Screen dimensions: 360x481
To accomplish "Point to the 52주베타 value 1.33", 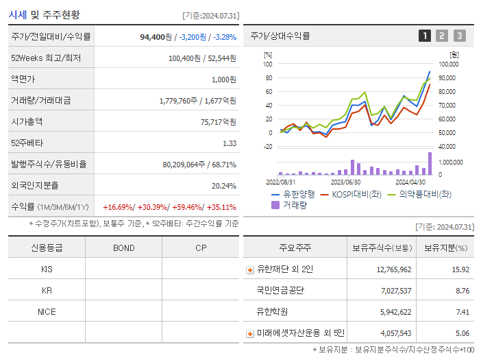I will pos(230,143).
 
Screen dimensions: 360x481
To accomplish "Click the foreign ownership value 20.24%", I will pos(223,185).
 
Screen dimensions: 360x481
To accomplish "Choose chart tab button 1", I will pos(425,36).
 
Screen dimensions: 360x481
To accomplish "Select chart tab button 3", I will pos(459,36).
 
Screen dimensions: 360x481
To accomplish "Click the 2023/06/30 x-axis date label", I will pos(345,182).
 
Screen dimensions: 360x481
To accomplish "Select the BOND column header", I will pos(123,248).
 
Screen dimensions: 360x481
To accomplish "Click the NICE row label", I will pos(47,311).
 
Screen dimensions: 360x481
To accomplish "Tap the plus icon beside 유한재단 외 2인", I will pos(250,269).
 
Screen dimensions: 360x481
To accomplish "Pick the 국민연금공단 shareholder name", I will pos(280,291).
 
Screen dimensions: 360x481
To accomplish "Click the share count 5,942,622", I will pos(393,312).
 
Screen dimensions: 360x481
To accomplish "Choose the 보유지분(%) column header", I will pos(445,248).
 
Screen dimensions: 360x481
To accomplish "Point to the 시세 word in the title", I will pos(18,14).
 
